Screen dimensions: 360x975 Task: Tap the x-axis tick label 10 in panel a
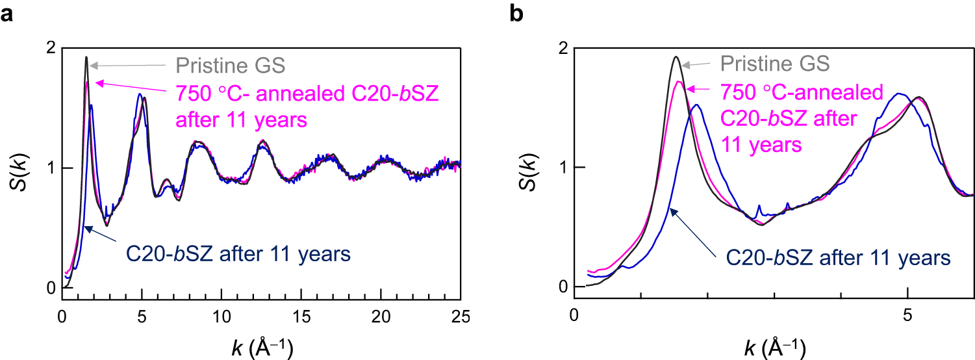(x=222, y=316)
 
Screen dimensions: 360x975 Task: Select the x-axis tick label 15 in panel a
(x=301, y=316)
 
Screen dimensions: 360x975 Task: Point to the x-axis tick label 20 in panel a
(x=381, y=316)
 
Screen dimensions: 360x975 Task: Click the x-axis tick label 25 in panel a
(x=461, y=316)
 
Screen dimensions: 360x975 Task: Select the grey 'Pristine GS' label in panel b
(x=774, y=64)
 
